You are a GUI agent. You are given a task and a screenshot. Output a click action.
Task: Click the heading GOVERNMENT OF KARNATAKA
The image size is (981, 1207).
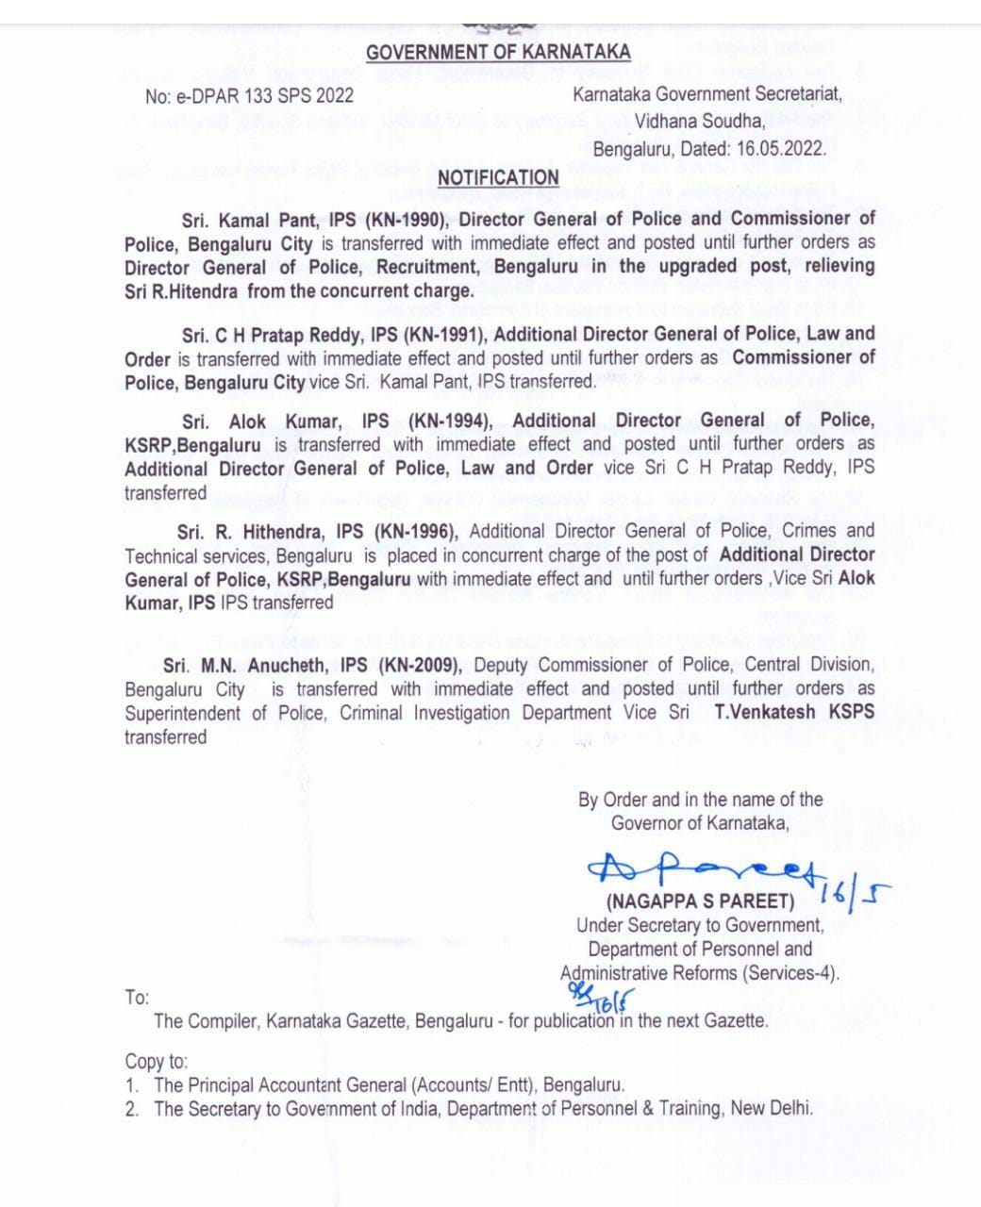(498, 53)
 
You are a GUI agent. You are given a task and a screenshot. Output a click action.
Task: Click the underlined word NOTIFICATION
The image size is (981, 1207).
(498, 177)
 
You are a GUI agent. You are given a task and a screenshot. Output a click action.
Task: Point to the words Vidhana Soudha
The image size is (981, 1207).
(699, 121)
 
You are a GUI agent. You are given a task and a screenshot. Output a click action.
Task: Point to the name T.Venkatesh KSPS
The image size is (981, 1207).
(794, 713)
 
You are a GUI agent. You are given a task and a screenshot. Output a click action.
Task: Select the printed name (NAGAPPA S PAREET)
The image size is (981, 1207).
(700, 901)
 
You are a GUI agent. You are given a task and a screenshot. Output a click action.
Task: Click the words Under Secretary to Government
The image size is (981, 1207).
(700, 925)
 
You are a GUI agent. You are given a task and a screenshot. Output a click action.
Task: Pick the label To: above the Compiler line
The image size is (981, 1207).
(137, 998)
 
